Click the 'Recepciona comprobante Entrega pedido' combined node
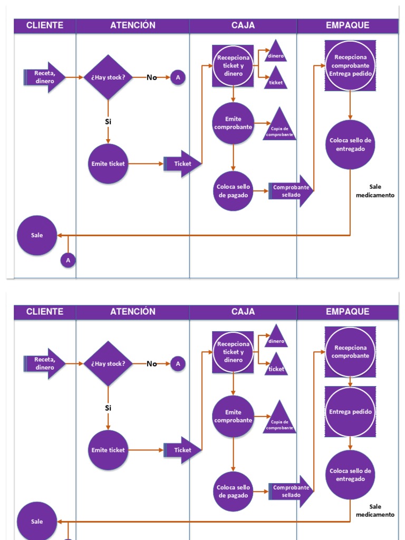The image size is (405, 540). (350, 65)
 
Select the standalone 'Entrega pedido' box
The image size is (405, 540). (350, 412)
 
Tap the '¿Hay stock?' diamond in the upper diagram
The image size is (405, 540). (108, 78)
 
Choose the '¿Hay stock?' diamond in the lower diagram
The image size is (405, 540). (108, 364)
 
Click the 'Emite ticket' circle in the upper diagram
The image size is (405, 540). (108, 163)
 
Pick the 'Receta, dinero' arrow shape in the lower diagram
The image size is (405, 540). (45, 364)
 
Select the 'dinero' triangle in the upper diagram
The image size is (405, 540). (276, 54)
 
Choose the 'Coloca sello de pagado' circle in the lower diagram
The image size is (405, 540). (233, 491)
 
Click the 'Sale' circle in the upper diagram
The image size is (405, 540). (37, 235)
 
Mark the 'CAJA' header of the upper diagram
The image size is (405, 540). (243, 25)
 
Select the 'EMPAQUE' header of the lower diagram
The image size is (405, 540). (348, 312)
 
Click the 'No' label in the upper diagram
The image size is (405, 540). (152, 78)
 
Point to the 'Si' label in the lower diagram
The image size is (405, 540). (108, 408)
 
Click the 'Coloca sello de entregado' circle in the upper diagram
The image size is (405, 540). (350, 144)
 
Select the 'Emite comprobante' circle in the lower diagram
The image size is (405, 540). (233, 416)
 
